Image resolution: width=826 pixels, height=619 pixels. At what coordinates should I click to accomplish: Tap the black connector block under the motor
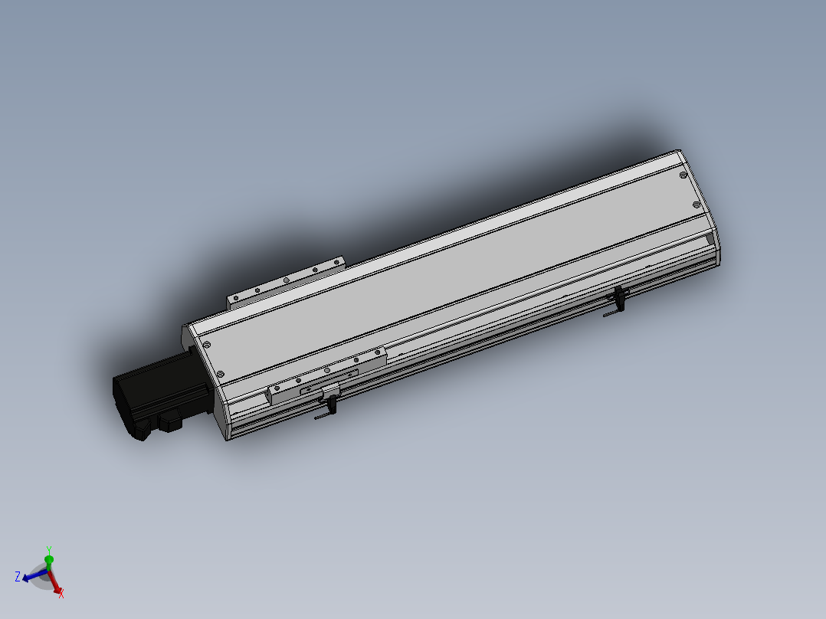[169, 421]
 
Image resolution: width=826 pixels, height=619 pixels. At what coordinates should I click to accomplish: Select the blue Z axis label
[17, 576]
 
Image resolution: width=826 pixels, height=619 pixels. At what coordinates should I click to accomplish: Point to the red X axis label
[61, 593]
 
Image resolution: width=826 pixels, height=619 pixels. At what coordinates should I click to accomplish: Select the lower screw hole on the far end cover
[696, 205]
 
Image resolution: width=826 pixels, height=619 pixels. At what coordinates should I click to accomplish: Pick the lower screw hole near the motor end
[219, 374]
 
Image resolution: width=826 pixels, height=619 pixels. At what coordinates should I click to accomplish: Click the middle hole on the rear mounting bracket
[285, 280]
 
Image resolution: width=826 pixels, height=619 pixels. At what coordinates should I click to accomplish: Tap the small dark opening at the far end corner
[710, 241]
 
